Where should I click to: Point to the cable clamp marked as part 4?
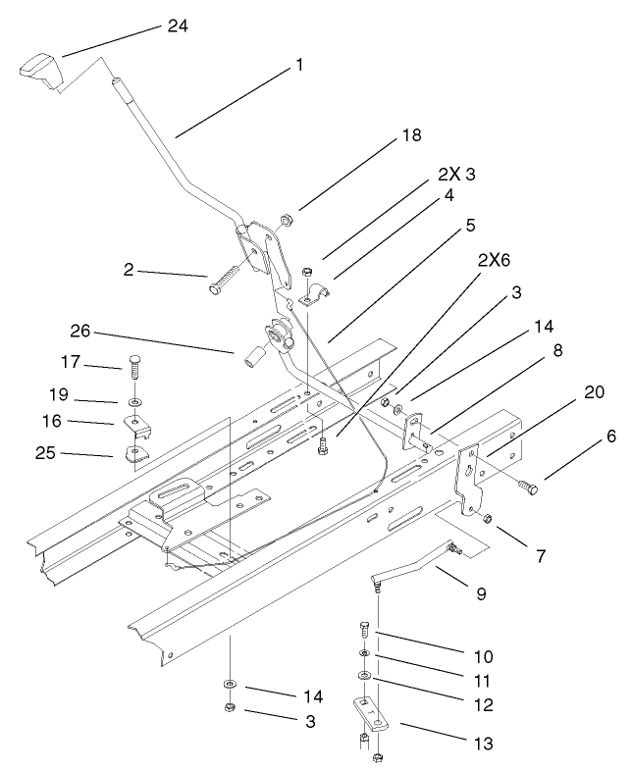[x=312, y=293]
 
